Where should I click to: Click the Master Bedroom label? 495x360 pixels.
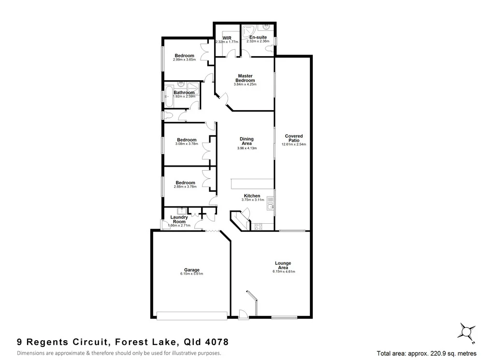tap(245, 78)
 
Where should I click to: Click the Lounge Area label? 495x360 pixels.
tap(283, 265)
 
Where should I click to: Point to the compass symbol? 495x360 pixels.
tap(467, 332)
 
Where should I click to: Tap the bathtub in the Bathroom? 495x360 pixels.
tap(168, 96)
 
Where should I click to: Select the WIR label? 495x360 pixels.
tap(227, 37)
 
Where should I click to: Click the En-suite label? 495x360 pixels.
tap(258, 37)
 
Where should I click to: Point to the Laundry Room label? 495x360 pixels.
tap(179, 219)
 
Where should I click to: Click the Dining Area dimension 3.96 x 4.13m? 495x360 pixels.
tap(247, 148)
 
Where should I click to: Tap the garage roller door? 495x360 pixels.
tap(192, 316)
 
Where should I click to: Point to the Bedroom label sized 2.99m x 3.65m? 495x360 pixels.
tap(185, 56)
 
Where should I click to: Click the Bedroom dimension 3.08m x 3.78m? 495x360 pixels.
tap(186, 144)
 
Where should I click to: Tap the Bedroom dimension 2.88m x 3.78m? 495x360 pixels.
tap(186, 187)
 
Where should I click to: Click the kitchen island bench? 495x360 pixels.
tap(251, 184)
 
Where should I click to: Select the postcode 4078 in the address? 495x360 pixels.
tap(215, 342)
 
